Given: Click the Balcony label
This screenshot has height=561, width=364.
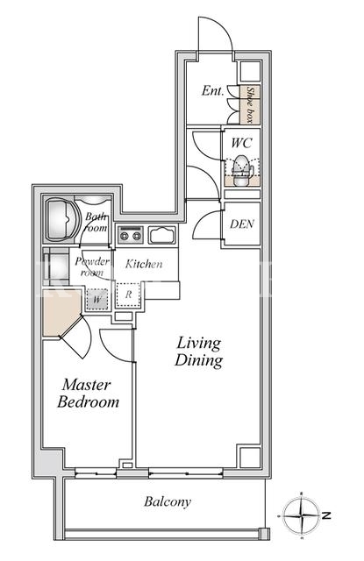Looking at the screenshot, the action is (x=168, y=502).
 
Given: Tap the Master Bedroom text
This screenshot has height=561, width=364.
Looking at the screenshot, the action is (x=88, y=394).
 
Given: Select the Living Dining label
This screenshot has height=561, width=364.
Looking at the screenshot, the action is (x=198, y=352).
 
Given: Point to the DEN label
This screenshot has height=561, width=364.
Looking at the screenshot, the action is (x=242, y=224).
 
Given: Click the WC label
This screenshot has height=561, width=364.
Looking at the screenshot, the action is (x=241, y=143).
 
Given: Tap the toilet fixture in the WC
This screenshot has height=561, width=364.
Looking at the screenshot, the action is (x=241, y=171).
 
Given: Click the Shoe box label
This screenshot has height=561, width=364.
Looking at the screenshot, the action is (x=250, y=104).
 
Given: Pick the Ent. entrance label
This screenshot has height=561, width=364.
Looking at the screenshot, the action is (x=212, y=90).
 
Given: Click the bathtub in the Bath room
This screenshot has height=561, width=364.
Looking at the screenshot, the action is (x=61, y=219).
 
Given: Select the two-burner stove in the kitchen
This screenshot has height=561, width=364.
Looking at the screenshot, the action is (x=131, y=235).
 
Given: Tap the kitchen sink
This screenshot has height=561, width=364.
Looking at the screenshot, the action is (x=161, y=235).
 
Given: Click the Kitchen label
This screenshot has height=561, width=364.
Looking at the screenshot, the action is (x=144, y=264).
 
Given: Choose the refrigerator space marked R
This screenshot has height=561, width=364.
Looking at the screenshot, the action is (x=129, y=295).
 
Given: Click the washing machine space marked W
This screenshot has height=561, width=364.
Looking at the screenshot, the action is (x=97, y=299).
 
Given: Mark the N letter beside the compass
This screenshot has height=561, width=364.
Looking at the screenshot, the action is (x=326, y=515).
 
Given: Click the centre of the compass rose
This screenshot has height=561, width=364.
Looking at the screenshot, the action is (x=302, y=515).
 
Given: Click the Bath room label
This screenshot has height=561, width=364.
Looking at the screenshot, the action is (x=96, y=222).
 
